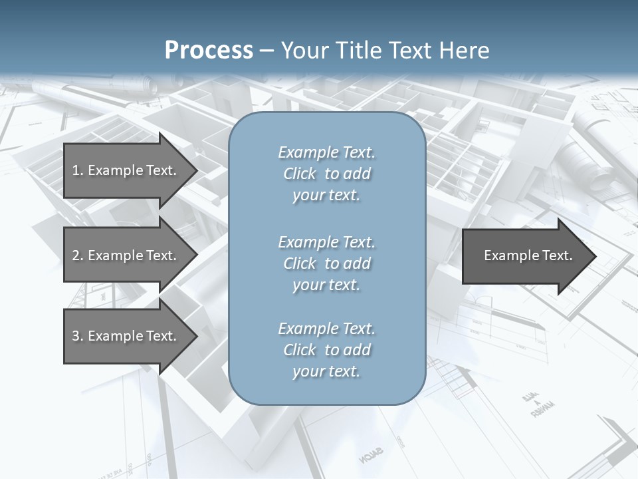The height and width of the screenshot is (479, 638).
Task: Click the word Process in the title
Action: pos(209,51)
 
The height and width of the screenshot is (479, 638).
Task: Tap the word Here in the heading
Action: pos(463,51)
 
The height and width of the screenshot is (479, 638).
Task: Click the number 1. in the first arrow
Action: pos(78,170)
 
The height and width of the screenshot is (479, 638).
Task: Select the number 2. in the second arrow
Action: pos(78,255)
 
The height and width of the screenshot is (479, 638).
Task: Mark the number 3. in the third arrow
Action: pos(78,336)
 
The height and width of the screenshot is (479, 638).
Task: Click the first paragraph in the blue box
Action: pos(326,174)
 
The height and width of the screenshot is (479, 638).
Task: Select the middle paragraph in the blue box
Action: pos(326,263)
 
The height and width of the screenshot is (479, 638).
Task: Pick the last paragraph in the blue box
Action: pos(326,350)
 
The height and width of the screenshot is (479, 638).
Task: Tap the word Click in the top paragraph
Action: pos(300,174)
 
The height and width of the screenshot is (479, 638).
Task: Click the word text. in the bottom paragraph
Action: pos(343,371)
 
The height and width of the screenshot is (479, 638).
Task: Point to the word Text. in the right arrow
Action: pos(556,255)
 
